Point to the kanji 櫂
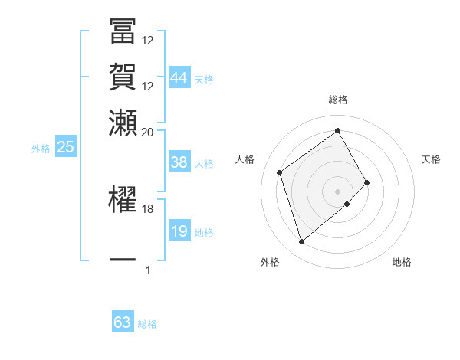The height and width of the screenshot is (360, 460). [x=123, y=198]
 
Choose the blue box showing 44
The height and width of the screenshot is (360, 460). [x=179, y=77]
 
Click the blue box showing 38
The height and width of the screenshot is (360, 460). [x=179, y=162]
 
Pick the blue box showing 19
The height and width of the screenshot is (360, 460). [x=179, y=231]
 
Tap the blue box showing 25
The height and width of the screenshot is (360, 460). [x=65, y=147]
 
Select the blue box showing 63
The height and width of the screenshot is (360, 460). [x=123, y=322]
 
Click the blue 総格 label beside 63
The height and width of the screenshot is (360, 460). [x=147, y=324]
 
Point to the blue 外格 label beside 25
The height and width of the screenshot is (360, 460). [x=41, y=149]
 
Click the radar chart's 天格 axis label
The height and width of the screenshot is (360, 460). [x=432, y=159]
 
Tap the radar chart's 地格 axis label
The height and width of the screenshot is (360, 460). [x=402, y=263]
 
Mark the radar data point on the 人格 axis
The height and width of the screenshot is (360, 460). [x=280, y=172]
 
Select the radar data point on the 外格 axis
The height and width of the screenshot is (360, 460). [x=301, y=242]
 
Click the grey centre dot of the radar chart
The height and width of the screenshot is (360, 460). [x=337, y=190]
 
